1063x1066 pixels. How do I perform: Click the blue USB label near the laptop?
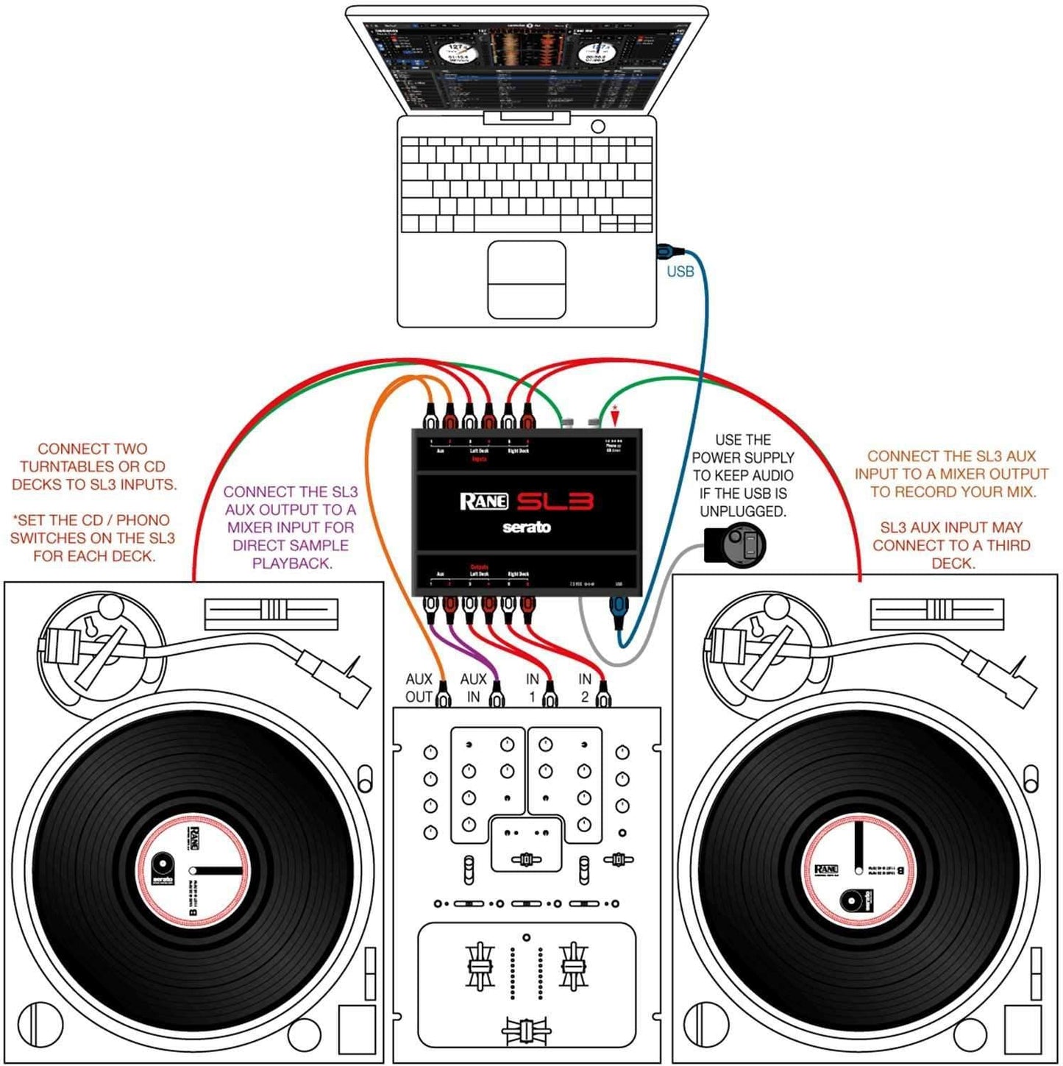[x=680, y=271]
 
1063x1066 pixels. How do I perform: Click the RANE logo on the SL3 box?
[x=483, y=502]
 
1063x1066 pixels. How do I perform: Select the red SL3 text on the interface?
[x=555, y=502]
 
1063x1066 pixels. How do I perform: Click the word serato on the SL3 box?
[x=526, y=527]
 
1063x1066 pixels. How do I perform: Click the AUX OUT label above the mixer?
[x=419, y=688]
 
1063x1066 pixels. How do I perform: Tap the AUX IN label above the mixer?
[x=473, y=688]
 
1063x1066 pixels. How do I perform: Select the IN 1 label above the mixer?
[x=532, y=688]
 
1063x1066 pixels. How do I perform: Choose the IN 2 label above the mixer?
[x=585, y=688]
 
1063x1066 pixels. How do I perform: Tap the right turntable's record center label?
[x=858, y=870]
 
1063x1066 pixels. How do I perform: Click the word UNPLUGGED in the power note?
[x=742, y=511]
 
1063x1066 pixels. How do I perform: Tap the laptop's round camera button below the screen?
[x=598, y=127]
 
